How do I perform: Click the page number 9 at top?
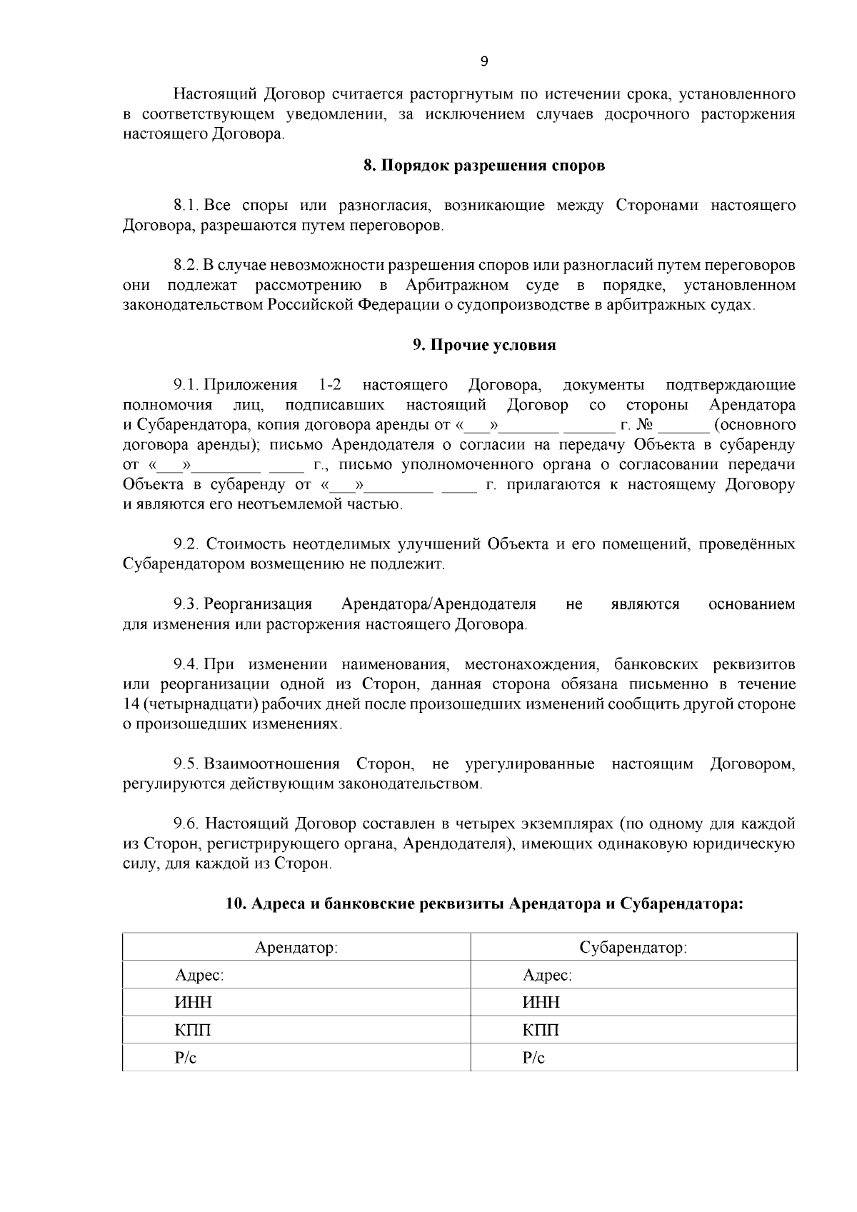pos(483,62)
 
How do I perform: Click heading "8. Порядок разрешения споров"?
pos(484,166)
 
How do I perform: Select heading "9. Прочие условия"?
pos(484,346)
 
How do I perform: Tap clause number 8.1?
pos(186,206)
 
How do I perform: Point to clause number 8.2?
pos(186,266)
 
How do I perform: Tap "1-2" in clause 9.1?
pos(329,386)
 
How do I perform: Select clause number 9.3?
pos(186,605)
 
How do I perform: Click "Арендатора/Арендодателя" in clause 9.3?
pos(438,605)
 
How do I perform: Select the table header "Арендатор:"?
pos(296,948)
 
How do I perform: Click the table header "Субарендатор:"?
pos(633,948)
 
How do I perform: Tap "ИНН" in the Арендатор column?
pos(194,1003)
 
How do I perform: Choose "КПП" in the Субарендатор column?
pos(541,1031)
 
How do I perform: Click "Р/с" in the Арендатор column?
pos(186,1058)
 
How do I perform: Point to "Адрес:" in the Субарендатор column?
pos(547,976)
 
